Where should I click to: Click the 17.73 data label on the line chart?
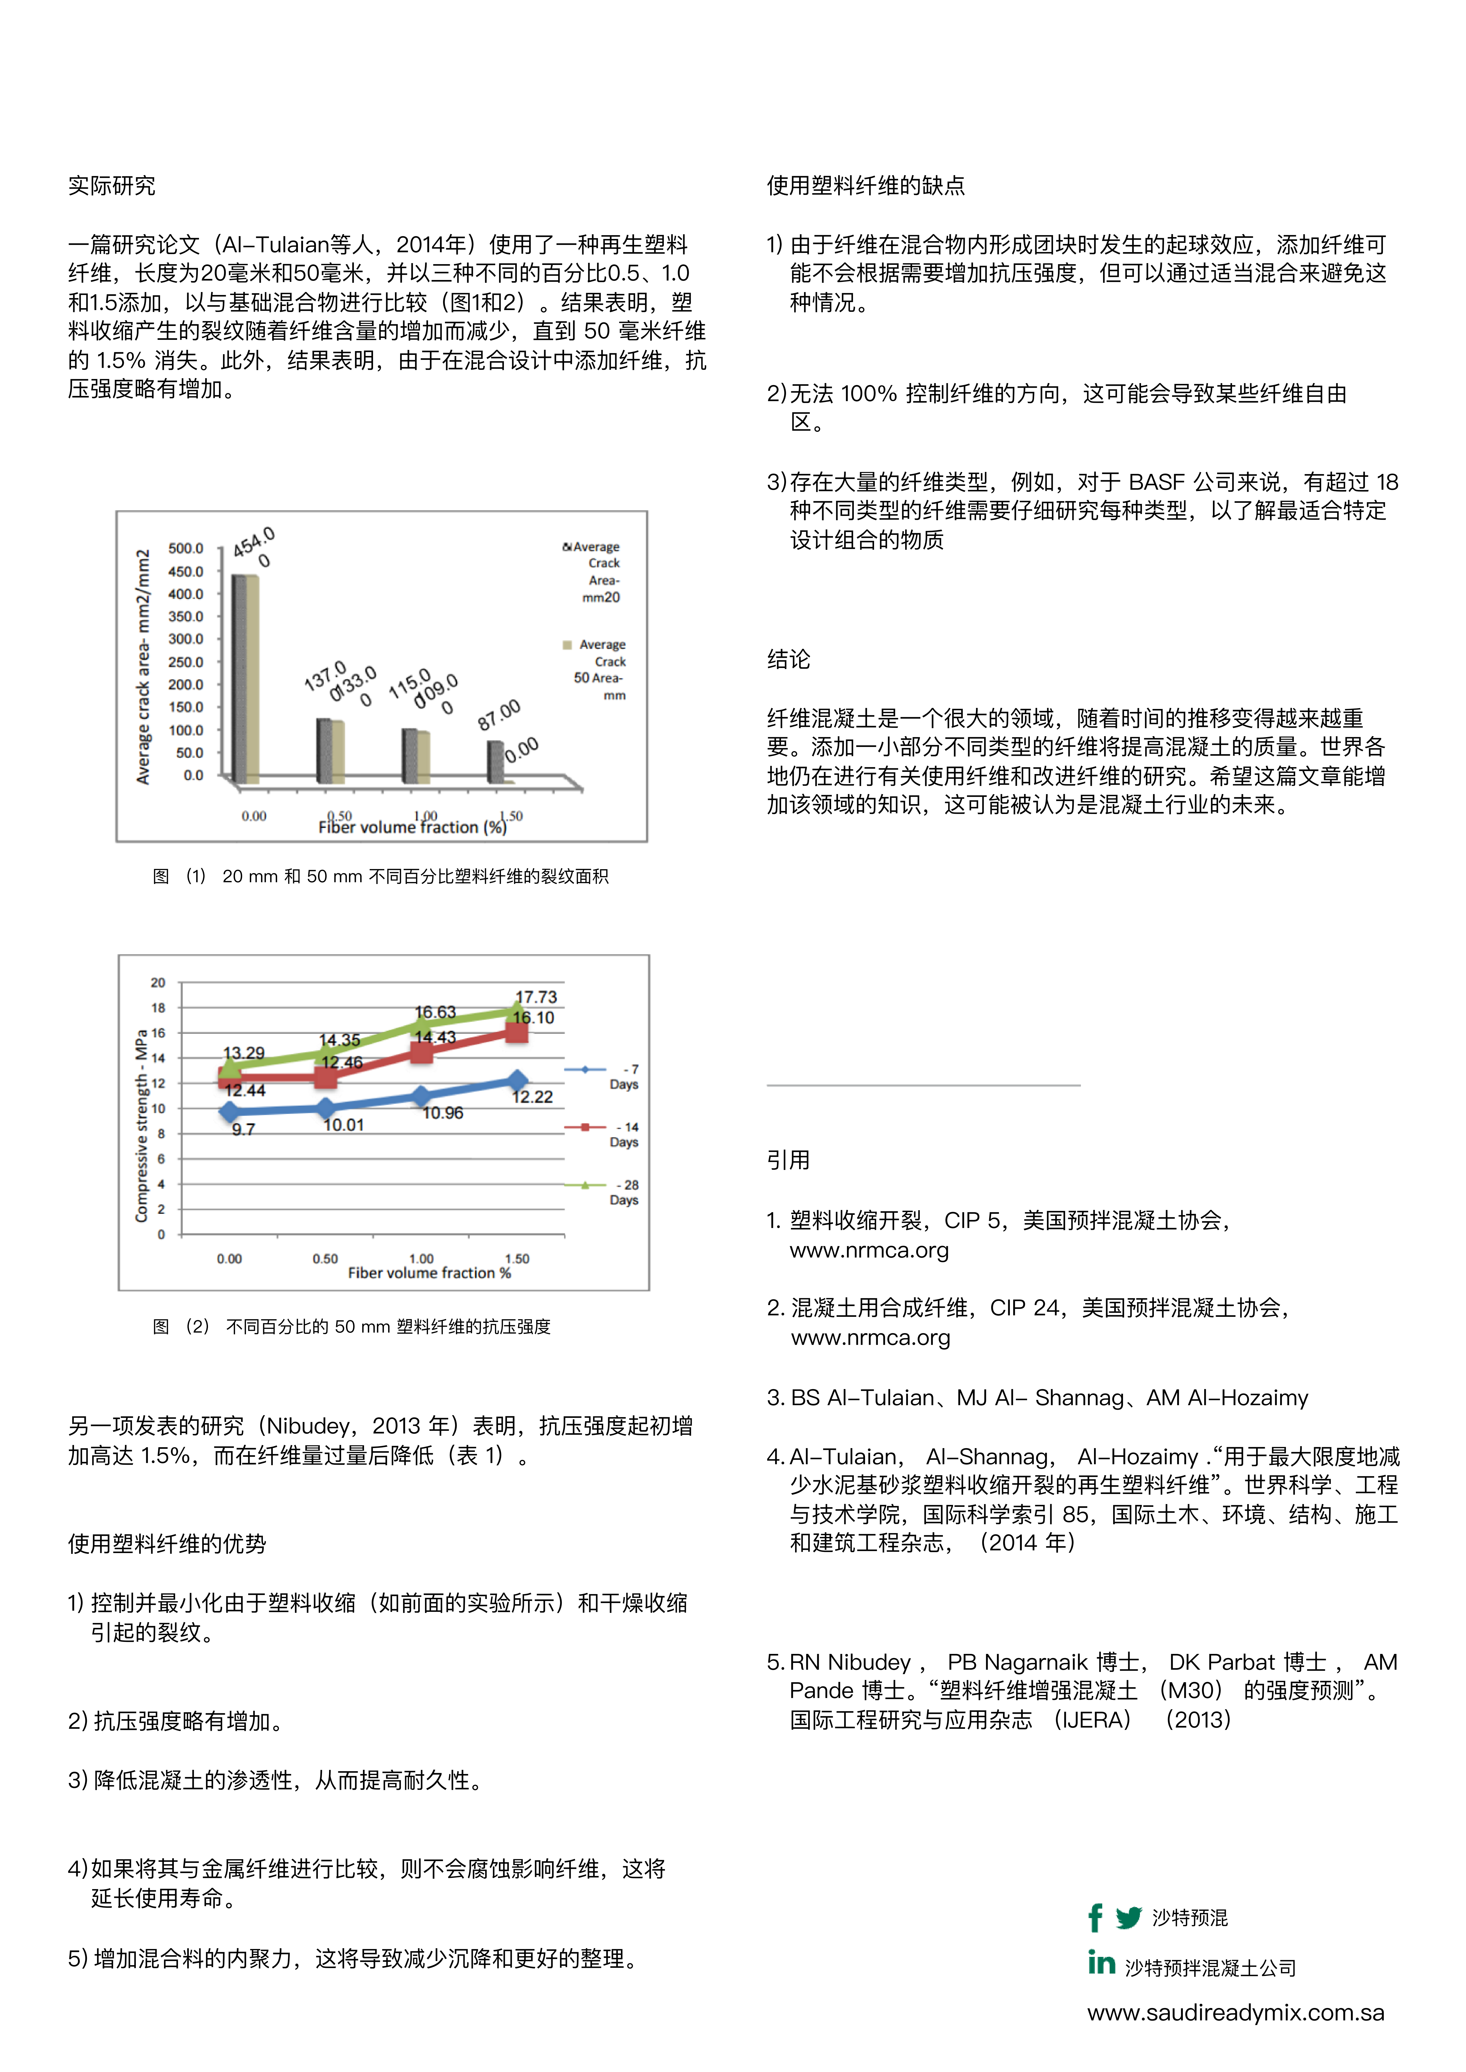coord(536,997)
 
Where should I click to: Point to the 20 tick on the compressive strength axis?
coord(158,982)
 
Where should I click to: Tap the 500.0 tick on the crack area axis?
coord(186,548)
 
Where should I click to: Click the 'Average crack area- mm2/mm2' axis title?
coord(143,666)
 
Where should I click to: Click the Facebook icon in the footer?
coord(1095,1917)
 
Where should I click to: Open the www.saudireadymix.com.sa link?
coord(1235,2012)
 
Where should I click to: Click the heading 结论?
coord(788,659)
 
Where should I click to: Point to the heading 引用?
coord(788,1160)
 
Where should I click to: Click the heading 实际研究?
coord(111,186)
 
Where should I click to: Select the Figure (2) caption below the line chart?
coord(352,1326)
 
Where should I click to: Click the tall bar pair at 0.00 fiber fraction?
coord(245,677)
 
